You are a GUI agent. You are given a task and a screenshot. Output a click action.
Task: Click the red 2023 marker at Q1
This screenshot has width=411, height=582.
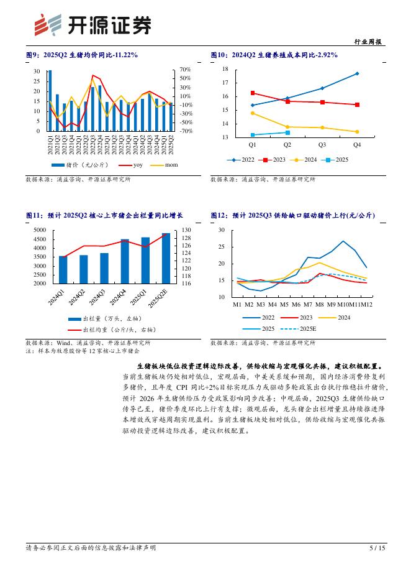pos(252,93)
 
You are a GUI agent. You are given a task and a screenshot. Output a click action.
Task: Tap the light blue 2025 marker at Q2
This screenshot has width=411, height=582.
pos(287,132)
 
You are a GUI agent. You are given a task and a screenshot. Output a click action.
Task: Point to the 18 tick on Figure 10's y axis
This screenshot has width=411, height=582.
pos(225,69)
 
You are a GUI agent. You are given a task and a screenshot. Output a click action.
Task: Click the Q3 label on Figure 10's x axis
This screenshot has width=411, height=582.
pos(322,144)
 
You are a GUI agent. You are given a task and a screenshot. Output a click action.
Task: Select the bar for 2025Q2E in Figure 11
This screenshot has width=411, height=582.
pos(166,258)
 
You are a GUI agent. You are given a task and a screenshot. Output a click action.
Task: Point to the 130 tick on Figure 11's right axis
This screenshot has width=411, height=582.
pos(186,230)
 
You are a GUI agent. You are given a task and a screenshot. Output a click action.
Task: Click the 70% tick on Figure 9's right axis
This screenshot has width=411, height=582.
pos(185,70)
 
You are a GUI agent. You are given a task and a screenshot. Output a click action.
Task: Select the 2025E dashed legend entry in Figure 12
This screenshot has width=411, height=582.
pos(301,328)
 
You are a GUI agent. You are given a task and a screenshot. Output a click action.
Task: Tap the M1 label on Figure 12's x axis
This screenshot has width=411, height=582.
pos(237,305)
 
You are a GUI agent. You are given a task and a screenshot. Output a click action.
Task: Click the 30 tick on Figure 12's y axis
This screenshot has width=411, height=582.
pos(222,230)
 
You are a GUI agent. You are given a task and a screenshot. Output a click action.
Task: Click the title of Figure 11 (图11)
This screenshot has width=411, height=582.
pos(104,215)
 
